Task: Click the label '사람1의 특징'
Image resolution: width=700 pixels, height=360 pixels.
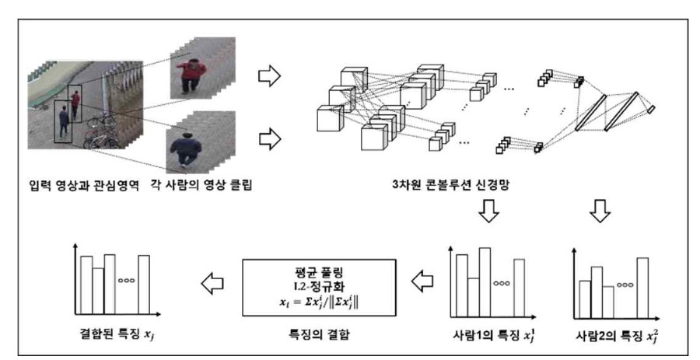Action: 480,337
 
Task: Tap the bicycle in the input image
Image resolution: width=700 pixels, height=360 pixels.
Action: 101,132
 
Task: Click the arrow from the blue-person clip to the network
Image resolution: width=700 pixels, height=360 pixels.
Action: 268,140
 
